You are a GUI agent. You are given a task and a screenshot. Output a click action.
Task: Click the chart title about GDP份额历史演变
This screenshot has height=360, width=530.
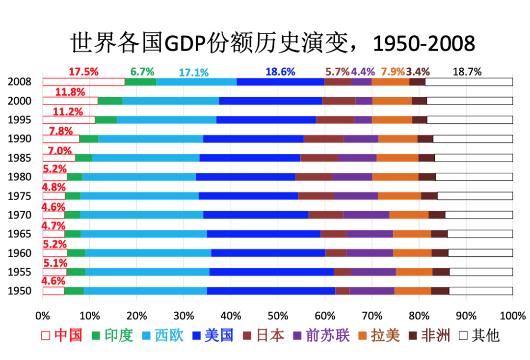(273, 43)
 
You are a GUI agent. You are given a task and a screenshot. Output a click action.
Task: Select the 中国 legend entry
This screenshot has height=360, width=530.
(62, 335)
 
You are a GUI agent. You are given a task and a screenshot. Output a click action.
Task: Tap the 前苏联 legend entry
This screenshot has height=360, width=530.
(321, 335)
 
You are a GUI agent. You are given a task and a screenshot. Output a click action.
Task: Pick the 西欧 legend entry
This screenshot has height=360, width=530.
(162, 335)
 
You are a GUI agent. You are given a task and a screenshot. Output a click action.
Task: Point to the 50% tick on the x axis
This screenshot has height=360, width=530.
(278, 315)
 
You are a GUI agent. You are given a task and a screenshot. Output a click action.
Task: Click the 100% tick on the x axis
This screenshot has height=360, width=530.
(512, 315)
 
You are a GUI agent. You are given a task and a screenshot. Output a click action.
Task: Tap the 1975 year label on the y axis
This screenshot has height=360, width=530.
(19, 196)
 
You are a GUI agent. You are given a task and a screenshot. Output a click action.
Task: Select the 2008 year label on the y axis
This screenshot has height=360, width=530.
(19, 82)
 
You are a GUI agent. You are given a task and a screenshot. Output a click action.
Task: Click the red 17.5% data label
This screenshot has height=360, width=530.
(83, 72)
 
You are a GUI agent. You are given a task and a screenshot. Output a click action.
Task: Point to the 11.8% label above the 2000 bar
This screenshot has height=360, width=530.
(70, 92)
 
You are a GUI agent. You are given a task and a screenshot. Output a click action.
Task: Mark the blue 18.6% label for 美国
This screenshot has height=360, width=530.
(280, 72)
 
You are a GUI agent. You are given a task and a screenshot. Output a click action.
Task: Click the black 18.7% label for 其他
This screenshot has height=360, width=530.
(467, 72)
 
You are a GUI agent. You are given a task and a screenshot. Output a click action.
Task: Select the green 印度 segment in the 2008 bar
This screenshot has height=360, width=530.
(140, 82)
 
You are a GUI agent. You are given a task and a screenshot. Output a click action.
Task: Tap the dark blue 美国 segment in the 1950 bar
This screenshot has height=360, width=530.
(271, 291)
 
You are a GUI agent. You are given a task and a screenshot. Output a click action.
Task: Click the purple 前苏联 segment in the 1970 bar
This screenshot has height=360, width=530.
(366, 215)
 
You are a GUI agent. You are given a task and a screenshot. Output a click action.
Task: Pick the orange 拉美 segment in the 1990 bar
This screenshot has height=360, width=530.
(397, 138)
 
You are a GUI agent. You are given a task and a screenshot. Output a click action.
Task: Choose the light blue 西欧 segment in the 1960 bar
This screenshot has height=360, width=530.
(148, 253)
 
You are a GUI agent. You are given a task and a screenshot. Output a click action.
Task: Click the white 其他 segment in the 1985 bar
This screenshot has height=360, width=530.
(474, 158)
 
